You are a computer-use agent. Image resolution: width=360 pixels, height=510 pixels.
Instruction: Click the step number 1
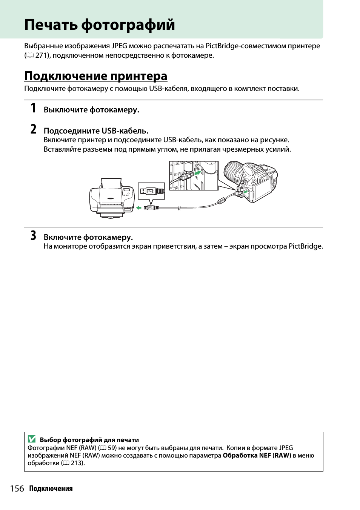pyautogui.click(x=34, y=108)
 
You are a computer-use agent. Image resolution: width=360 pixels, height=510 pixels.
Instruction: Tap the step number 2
pyautogui.click(x=34, y=129)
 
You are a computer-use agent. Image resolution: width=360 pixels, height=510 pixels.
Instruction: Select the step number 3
pyautogui.click(x=34, y=236)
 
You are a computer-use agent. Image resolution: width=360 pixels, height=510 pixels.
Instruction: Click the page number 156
pyautogui.click(x=17, y=489)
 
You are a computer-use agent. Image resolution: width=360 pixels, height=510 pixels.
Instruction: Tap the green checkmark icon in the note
pyautogui.click(x=32, y=439)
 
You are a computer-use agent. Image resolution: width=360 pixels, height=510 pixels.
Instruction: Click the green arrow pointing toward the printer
pyautogui.click(x=139, y=208)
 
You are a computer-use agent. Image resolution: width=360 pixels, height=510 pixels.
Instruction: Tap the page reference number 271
pyautogui.click(x=42, y=55)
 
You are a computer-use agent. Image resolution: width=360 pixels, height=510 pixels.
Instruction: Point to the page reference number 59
pyautogui.click(x=112, y=448)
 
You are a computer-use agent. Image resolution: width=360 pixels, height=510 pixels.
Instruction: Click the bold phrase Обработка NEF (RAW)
pyautogui.click(x=257, y=455)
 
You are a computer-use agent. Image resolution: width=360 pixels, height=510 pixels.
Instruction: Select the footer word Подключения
pyautogui.click(x=51, y=489)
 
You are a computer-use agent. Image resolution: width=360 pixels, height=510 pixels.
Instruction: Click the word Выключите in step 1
pyautogui.click(x=61, y=110)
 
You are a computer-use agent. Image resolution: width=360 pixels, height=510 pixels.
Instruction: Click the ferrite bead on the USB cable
pyautogui.click(x=222, y=201)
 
